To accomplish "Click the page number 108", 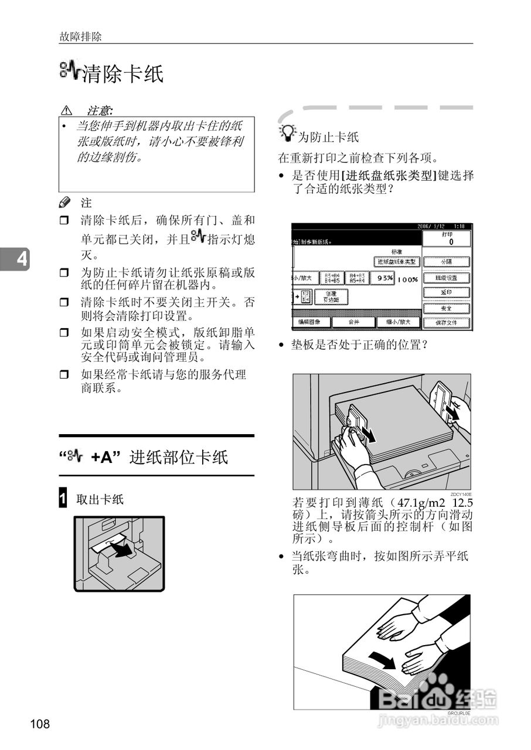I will click(40, 724).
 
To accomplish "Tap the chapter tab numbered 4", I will click(22, 259).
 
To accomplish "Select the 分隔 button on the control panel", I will click(447, 262).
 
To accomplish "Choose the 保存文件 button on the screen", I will click(447, 322).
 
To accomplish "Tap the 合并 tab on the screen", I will click(353, 322).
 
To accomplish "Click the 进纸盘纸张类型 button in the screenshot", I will click(396, 261).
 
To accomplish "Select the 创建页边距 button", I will click(331, 297).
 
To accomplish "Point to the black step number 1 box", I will click(63, 499).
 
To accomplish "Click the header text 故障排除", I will click(80, 36).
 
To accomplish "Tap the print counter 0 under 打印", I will click(451, 241).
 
